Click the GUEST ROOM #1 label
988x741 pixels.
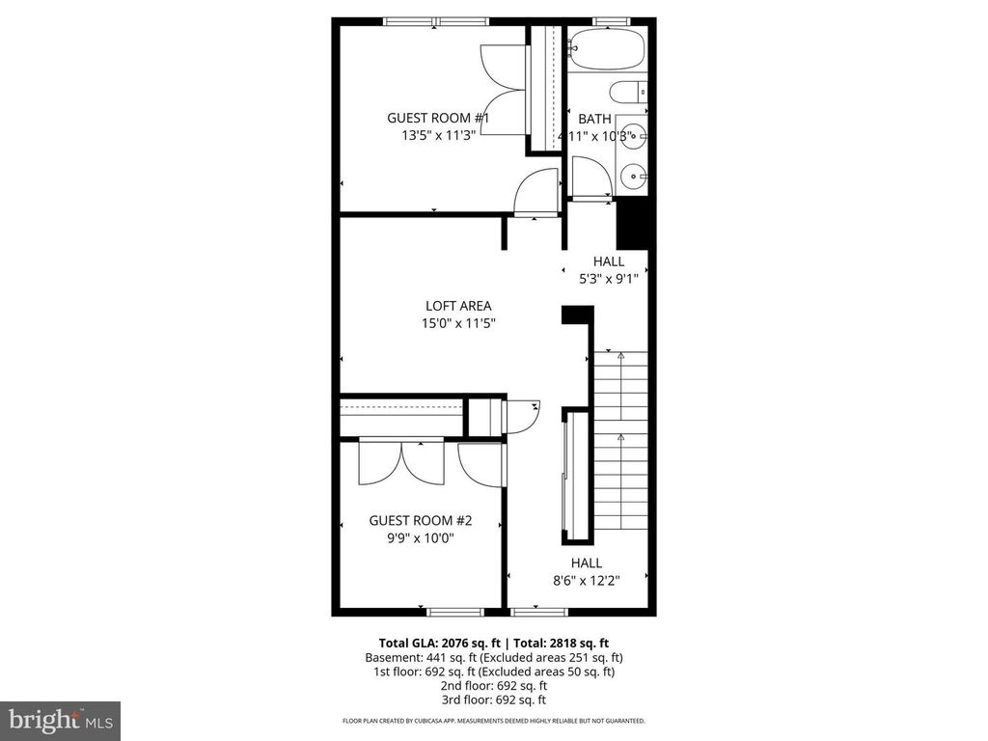[x=438, y=118]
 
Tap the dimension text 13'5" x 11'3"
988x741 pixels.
[x=439, y=136]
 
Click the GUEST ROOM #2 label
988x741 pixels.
[x=420, y=520]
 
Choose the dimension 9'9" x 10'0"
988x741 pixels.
[x=420, y=538]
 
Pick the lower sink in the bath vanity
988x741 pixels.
[x=633, y=176]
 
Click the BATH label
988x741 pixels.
[x=594, y=119]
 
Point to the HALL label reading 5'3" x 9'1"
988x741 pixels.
[x=608, y=261]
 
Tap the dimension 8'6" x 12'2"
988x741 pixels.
[x=586, y=581]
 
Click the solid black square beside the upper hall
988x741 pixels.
[x=634, y=224]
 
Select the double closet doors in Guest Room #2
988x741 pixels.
[x=401, y=461]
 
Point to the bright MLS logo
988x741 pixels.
[x=60, y=720]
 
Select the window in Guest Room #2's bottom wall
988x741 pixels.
[x=455, y=611]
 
